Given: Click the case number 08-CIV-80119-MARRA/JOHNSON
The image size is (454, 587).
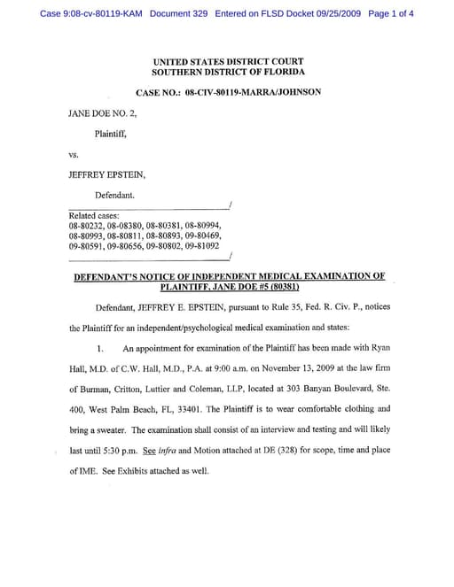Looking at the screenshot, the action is pos(253,92).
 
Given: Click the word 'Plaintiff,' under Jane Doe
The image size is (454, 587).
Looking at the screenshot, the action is pos(111,134).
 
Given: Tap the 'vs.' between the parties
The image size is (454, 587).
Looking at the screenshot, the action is pos(74,154).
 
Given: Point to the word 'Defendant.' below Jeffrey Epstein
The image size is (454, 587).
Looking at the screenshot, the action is pos(114,194).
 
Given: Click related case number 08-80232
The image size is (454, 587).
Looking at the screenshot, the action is pos(86,226).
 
